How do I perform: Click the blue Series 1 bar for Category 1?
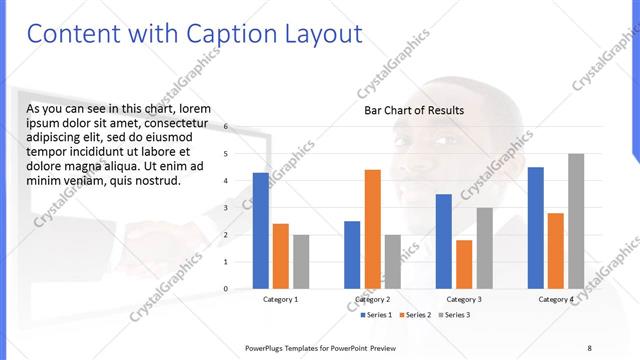pyautogui.click(x=261, y=230)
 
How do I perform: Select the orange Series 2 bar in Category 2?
pyautogui.click(x=372, y=229)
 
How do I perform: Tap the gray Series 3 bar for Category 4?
pyautogui.click(x=576, y=221)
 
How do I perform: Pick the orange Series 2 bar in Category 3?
pyautogui.click(x=464, y=264)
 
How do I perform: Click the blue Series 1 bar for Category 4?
pyautogui.click(x=536, y=227)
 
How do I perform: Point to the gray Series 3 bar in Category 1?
pyautogui.click(x=301, y=261)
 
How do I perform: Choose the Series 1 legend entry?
pyautogui.click(x=377, y=315)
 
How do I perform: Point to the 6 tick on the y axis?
pyautogui.click(x=226, y=127)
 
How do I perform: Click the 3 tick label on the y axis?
pyautogui.click(x=226, y=208)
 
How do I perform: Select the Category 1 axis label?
pyautogui.click(x=281, y=299)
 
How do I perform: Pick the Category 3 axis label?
pyautogui.click(x=464, y=299)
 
